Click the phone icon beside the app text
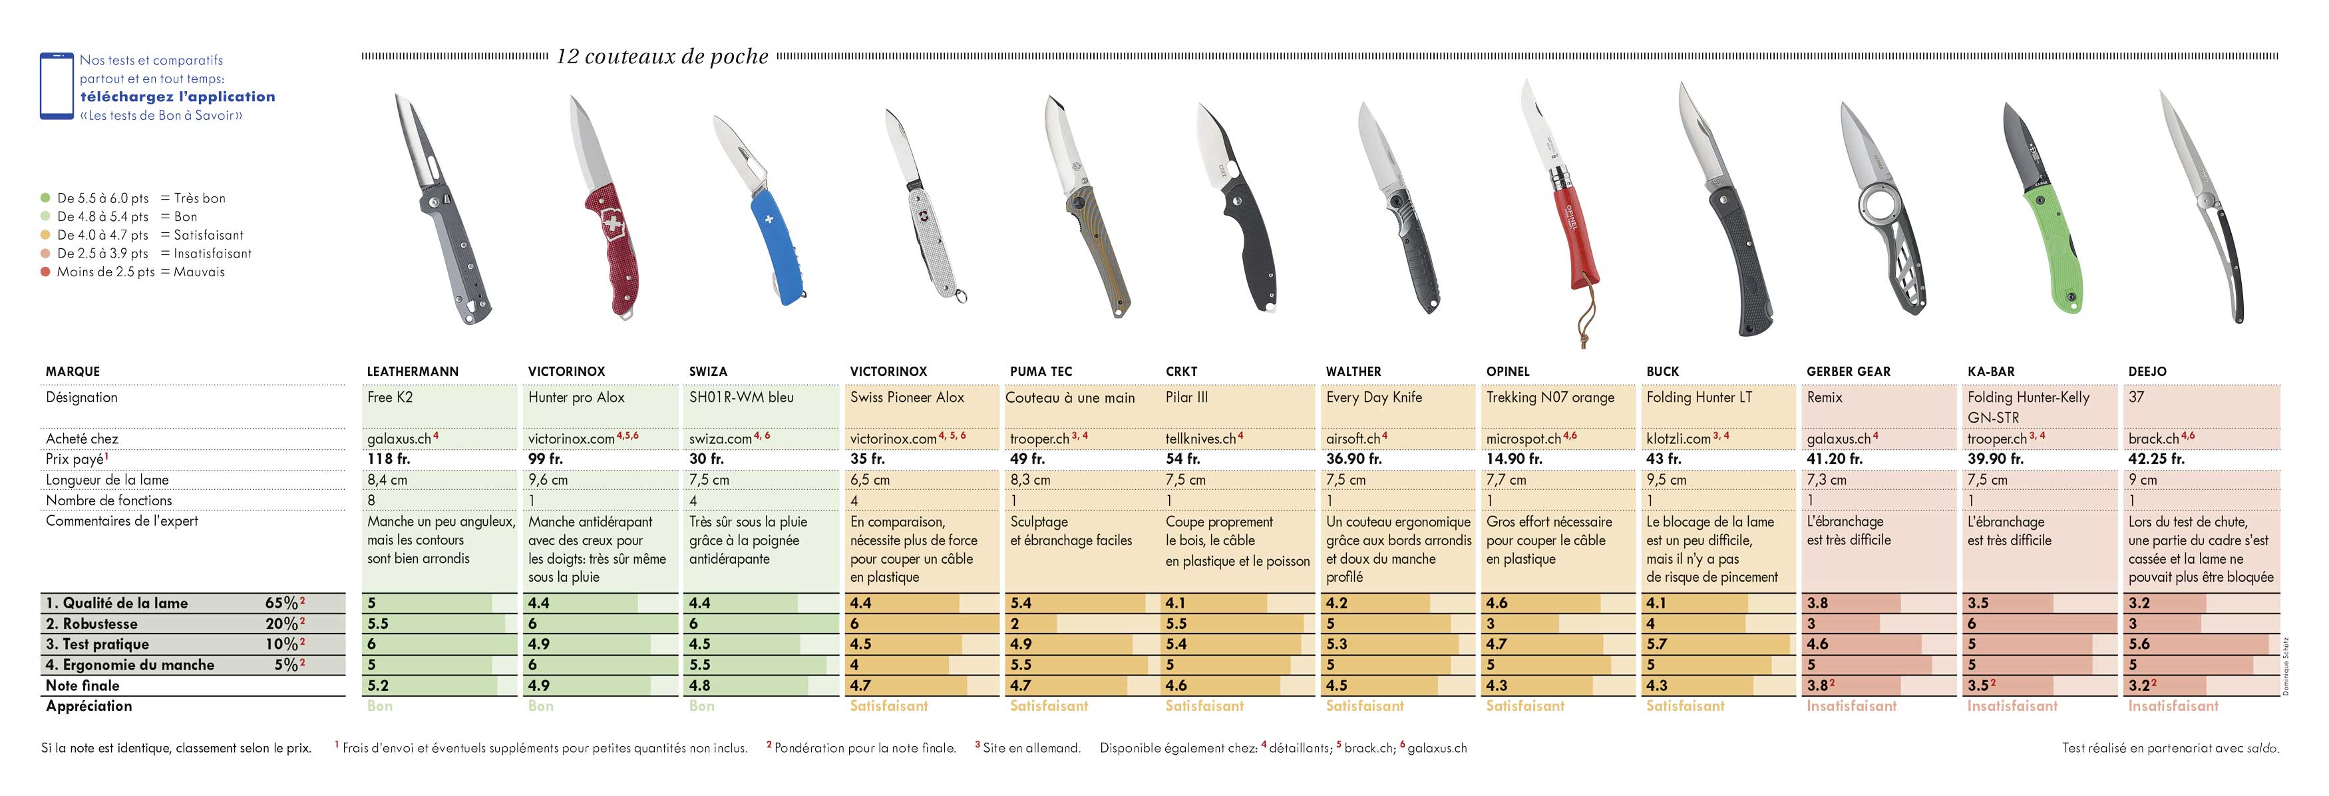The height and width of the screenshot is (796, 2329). click(x=56, y=86)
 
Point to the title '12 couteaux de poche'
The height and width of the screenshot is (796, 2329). click(x=662, y=56)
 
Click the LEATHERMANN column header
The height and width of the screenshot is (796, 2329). click(x=413, y=372)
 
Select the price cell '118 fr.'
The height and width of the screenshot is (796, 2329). click(x=389, y=459)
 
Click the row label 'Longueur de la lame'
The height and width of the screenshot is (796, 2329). click(x=108, y=479)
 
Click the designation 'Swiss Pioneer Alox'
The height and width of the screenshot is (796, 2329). click(x=907, y=397)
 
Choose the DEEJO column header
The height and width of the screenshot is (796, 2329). click(x=2147, y=372)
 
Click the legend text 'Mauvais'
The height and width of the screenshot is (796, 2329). click(x=199, y=272)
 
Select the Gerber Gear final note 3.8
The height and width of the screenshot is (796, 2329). click(x=1818, y=686)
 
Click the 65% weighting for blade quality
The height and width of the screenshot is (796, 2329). click(x=281, y=602)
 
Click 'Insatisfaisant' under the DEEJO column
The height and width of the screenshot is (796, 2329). click(x=2173, y=705)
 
